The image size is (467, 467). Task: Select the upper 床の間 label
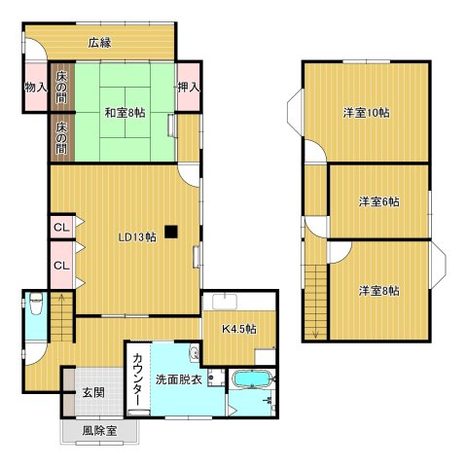coord(60,88)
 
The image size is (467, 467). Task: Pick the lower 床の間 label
coord(60,137)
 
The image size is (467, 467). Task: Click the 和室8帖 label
coord(125,112)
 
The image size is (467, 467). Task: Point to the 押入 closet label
coord(189,89)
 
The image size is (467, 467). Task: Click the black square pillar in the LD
coord(171,232)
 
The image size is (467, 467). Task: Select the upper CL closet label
coord(60,229)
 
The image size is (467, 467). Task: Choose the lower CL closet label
coord(60,265)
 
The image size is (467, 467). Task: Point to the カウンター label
coord(137,380)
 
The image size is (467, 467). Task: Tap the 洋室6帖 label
coord(378,201)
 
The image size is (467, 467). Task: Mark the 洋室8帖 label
coord(378,290)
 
